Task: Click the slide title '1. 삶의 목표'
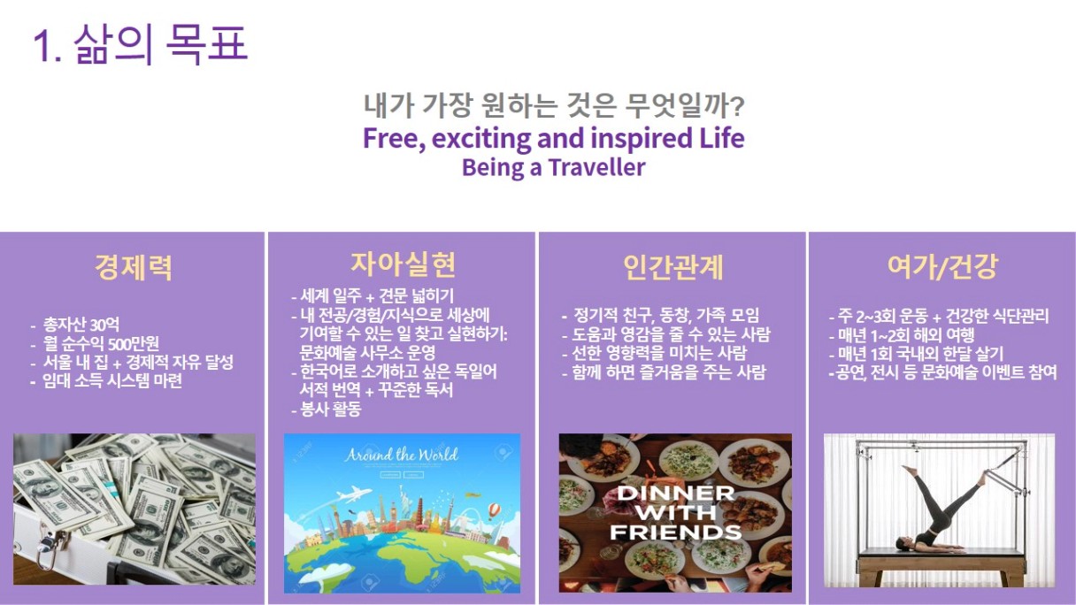[141, 44]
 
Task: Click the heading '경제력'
[133, 267]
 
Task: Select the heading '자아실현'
[403, 264]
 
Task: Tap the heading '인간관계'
[673, 267]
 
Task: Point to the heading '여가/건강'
[942, 267]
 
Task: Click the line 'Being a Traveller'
[553, 167]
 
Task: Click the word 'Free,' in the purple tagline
[394, 138]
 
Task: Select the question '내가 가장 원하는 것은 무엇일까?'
[553, 105]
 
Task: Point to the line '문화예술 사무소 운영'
[367, 353]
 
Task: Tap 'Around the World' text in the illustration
[401, 455]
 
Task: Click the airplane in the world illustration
[355, 494]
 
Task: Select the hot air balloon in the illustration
[495, 511]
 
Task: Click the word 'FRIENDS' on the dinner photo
[675, 532]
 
